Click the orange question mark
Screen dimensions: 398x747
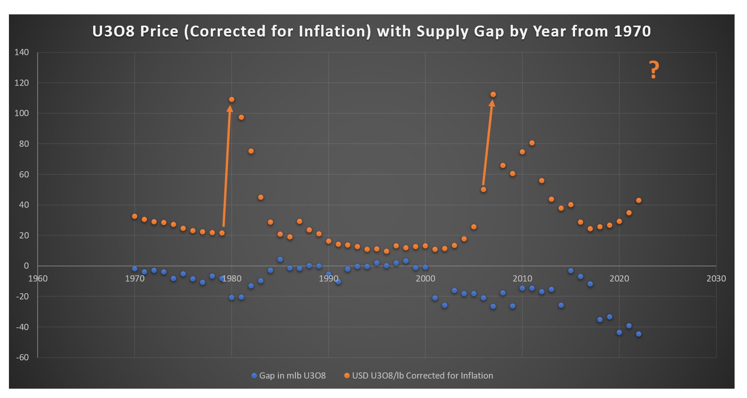pos(654,70)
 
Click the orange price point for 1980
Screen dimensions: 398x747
pos(232,100)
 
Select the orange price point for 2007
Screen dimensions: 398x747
pos(493,95)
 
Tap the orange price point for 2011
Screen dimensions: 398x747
pos(532,143)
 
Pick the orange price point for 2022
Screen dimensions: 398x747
pos(639,201)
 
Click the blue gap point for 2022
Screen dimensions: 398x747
pos(639,334)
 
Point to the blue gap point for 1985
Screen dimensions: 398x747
pos(280,260)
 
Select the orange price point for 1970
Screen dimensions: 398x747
pos(135,217)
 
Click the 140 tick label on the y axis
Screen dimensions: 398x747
pos(22,52)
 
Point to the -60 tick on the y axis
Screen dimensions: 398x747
pos(23,358)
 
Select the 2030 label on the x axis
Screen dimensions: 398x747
pos(716,278)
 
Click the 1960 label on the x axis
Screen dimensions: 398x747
pos(38,278)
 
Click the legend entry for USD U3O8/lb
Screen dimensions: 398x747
pos(419,376)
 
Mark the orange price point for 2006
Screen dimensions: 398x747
pos(484,190)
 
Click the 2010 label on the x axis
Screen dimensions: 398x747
pos(522,278)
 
